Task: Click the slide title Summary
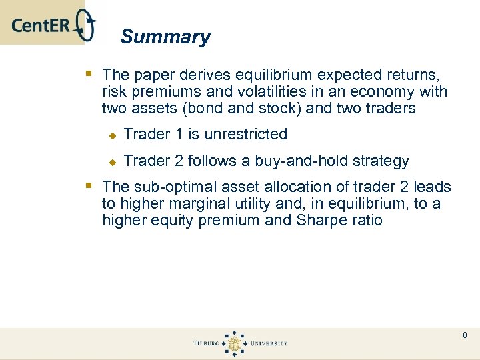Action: coord(165,37)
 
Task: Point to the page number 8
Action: coord(465,335)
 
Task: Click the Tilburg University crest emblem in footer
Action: coord(234,343)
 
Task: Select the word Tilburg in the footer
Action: coord(206,343)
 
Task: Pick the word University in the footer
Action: coord(269,343)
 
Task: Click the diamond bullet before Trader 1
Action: coord(113,135)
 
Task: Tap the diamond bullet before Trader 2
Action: coord(113,162)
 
